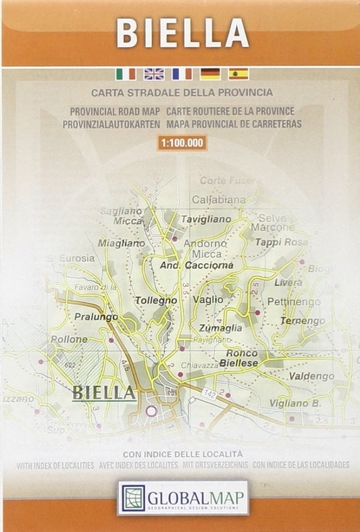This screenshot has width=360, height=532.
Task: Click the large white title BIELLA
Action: point(182,32)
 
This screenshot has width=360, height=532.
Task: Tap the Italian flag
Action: point(126,74)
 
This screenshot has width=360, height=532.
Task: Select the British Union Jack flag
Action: point(154,74)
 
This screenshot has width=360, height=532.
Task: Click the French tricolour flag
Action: point(182,74)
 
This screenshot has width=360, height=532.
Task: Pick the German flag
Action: point(209,74)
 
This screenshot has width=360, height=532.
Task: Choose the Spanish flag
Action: point(238,74)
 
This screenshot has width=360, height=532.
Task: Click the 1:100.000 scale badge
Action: point(182,142)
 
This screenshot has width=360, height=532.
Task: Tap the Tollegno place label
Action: point(156,300)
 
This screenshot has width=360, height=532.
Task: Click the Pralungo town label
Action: point(96,316)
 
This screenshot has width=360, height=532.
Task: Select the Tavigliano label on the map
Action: point(206,219)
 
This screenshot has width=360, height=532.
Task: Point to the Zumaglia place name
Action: point(220,327)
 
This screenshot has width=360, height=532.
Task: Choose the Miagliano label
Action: point(122,242)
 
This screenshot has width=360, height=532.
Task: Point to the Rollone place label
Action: point(69,338)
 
